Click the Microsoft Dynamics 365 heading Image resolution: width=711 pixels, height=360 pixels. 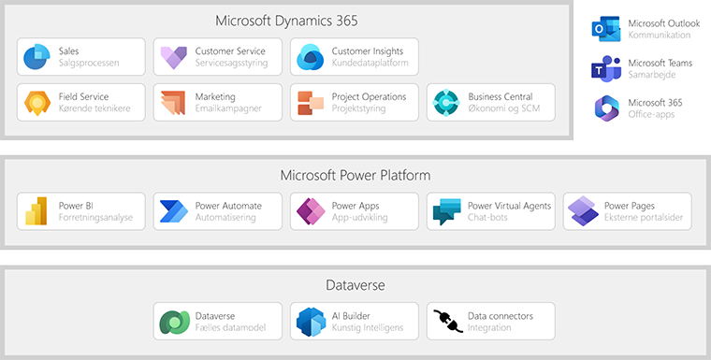pos(286,21)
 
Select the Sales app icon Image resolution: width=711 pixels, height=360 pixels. pos(36,57)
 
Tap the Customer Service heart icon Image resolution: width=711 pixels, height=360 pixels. pos(173,57)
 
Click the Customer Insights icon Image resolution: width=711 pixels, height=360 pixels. pos(310,58)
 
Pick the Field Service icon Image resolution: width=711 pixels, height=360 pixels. pos(36,103)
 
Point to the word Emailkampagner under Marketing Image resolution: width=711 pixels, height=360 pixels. pos(229,108)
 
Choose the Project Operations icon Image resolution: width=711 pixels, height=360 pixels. pos(310,103)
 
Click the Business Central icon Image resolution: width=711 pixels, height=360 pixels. pos(446,103)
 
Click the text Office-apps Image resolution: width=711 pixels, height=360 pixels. pos(651,114)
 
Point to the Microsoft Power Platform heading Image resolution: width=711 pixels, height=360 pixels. pos(355,175)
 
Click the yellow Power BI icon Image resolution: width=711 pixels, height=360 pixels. pos(36,212)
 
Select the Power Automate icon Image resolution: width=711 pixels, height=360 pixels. pos(173,212)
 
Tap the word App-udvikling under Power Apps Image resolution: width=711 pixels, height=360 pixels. pos(359,218)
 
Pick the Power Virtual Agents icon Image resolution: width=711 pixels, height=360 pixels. pos(446,212)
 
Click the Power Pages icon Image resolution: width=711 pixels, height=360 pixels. pos(583,212)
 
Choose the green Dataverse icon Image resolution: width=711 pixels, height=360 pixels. pos(173,322)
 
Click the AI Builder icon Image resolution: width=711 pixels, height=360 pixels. pos(310,322)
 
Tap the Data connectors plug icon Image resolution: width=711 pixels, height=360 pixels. pos(446,322)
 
